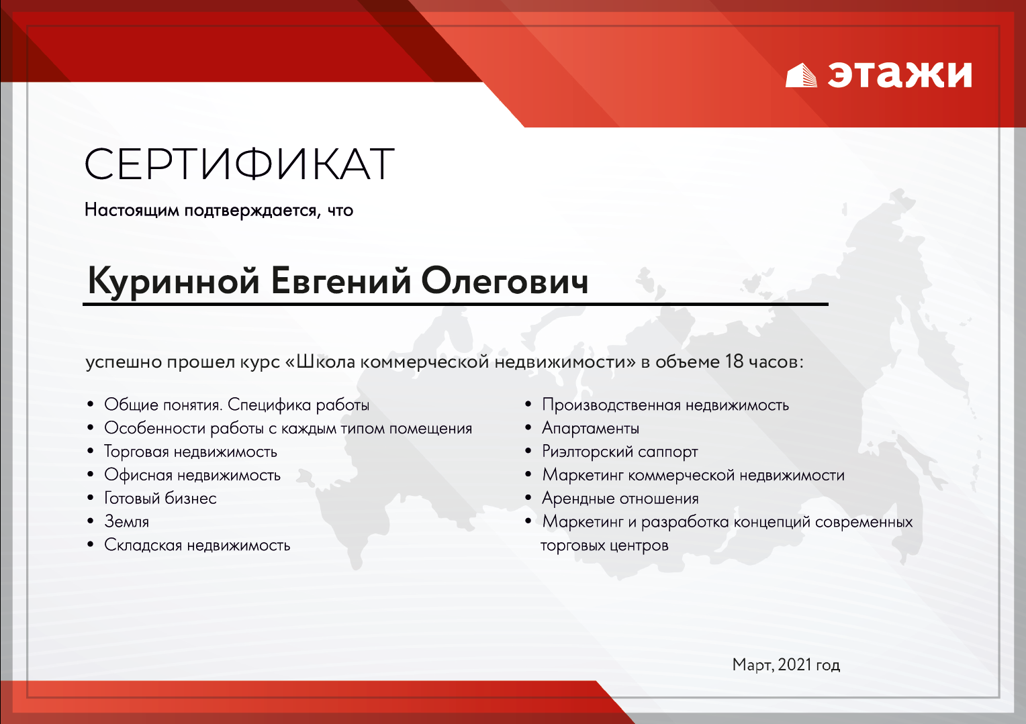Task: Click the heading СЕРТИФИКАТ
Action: [x=239, y=164]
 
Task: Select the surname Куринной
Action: [x=174, y=281]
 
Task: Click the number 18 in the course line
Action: [x=734, y=362]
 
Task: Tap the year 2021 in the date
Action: [x=795, y=664]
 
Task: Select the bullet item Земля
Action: [x=127, y=521]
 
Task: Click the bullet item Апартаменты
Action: [x=590, y=428]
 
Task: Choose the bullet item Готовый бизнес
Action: [x=160, y=498]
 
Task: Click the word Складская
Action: [x=144, y=545]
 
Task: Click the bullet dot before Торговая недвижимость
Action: [x=90, y=451]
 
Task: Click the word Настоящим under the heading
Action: [x=132, y=210]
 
